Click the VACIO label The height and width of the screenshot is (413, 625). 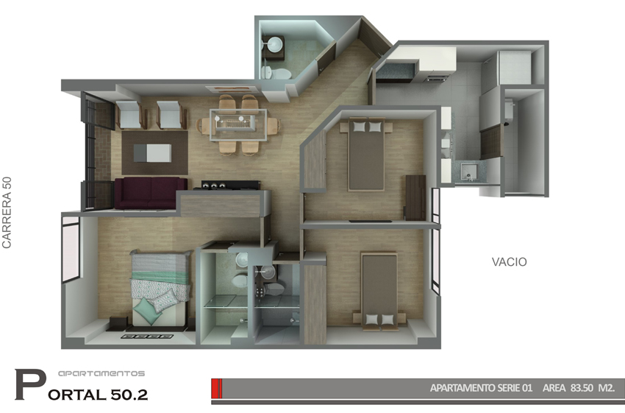[x=509, y=262]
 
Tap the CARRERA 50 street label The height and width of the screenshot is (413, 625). [x=7, y=213]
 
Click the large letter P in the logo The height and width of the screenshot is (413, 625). [x=30, y=385]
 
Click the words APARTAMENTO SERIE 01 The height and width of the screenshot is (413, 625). [x=481, y=388]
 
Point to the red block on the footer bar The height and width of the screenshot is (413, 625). [x=216, y=388]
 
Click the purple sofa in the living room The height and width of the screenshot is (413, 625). [x=151, y=193]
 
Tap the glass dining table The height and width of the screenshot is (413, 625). [x=238, y=125]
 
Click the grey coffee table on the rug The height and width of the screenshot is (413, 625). [x=152, y=153]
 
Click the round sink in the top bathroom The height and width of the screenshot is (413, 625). [x=274, y=44]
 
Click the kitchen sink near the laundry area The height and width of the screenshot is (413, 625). [x=468, y=172]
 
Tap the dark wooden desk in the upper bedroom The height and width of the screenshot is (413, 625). [x=415, y=197]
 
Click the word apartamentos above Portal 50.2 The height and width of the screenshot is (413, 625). [x=101, y=374]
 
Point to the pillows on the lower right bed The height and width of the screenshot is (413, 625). [x=379, y=320]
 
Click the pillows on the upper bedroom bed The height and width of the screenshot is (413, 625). [x=367, y=127]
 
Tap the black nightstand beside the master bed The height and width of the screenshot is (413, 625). [x=118, y=323]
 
